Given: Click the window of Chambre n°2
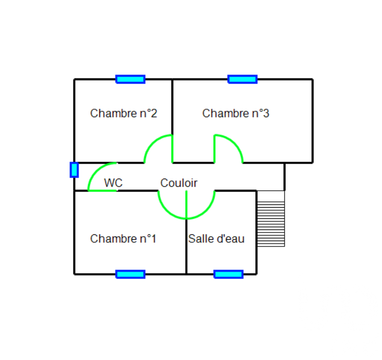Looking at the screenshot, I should click(x=130, y=79).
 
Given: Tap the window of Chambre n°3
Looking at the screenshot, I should click(x=243, y=79).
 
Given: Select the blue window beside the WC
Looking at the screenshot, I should click(x=74, y=170).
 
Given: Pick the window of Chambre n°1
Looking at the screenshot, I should click(x=130, y=274).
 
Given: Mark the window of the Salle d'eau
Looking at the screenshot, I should click(x=228, y=274).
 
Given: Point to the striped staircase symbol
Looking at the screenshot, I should click(x=271, y=218).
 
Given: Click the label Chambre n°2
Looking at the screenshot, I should click(x=123, y=113).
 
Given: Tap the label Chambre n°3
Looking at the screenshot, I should click(x=236, y=113).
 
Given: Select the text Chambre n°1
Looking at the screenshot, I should click(x=123, y=239).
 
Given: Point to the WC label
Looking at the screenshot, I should click(x=113, y=183).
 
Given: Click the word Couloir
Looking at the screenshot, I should click(x=179, y=183).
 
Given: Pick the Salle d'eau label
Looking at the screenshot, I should click(x=216, y=239).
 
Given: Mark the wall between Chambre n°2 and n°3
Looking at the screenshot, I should click(x=172, y=107).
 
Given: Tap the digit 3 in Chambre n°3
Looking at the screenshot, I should click(x=266, y=113).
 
